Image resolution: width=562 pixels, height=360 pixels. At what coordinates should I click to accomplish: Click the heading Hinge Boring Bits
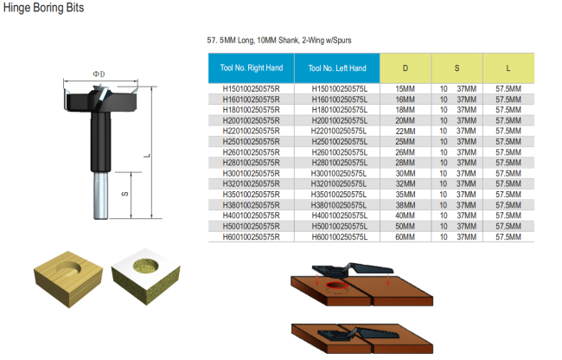(37, 8)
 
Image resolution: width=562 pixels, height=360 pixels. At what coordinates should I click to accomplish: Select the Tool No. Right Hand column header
(250, 67)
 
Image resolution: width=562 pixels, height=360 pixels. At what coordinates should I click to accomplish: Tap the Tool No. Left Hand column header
(336, 67)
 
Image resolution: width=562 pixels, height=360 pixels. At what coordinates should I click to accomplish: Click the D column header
(406, 67)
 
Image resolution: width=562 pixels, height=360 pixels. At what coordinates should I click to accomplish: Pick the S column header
(457, 67)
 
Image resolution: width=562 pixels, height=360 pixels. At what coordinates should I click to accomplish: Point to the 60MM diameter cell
(406, 235)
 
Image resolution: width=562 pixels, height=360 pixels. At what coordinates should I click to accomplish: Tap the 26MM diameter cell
(406, 152)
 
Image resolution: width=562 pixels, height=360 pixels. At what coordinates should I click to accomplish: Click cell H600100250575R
(251, 235)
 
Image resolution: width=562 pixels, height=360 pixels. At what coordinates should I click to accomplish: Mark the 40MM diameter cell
(406, 215)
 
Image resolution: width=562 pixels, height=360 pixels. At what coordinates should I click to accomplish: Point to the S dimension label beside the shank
(124, 194)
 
